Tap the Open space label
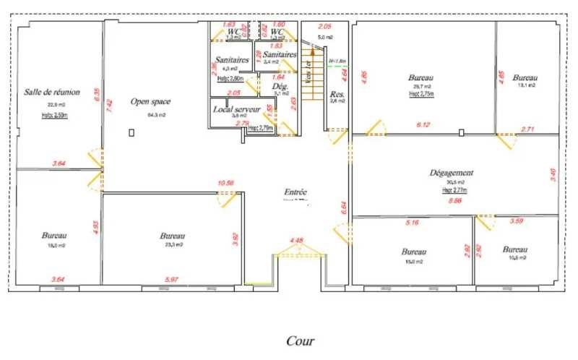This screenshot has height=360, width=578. coord(150,102)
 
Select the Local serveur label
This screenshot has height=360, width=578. coord(236,108)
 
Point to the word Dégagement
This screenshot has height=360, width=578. coord(452,173)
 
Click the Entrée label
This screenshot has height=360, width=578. coord(296,192)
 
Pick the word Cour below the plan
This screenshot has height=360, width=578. coord(300,340)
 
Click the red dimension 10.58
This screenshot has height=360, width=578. coord(225,184)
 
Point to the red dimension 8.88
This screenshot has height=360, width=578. coord(455,201)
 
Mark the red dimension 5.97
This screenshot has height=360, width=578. coord(171,280)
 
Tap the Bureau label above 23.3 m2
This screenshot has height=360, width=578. coord(173,236)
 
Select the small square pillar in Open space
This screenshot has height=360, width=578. coord(131,132)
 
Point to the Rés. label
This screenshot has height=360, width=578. coord(337,94)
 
